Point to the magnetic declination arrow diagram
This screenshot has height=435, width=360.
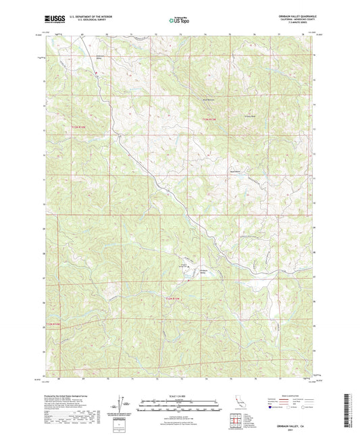coord(121,405)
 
